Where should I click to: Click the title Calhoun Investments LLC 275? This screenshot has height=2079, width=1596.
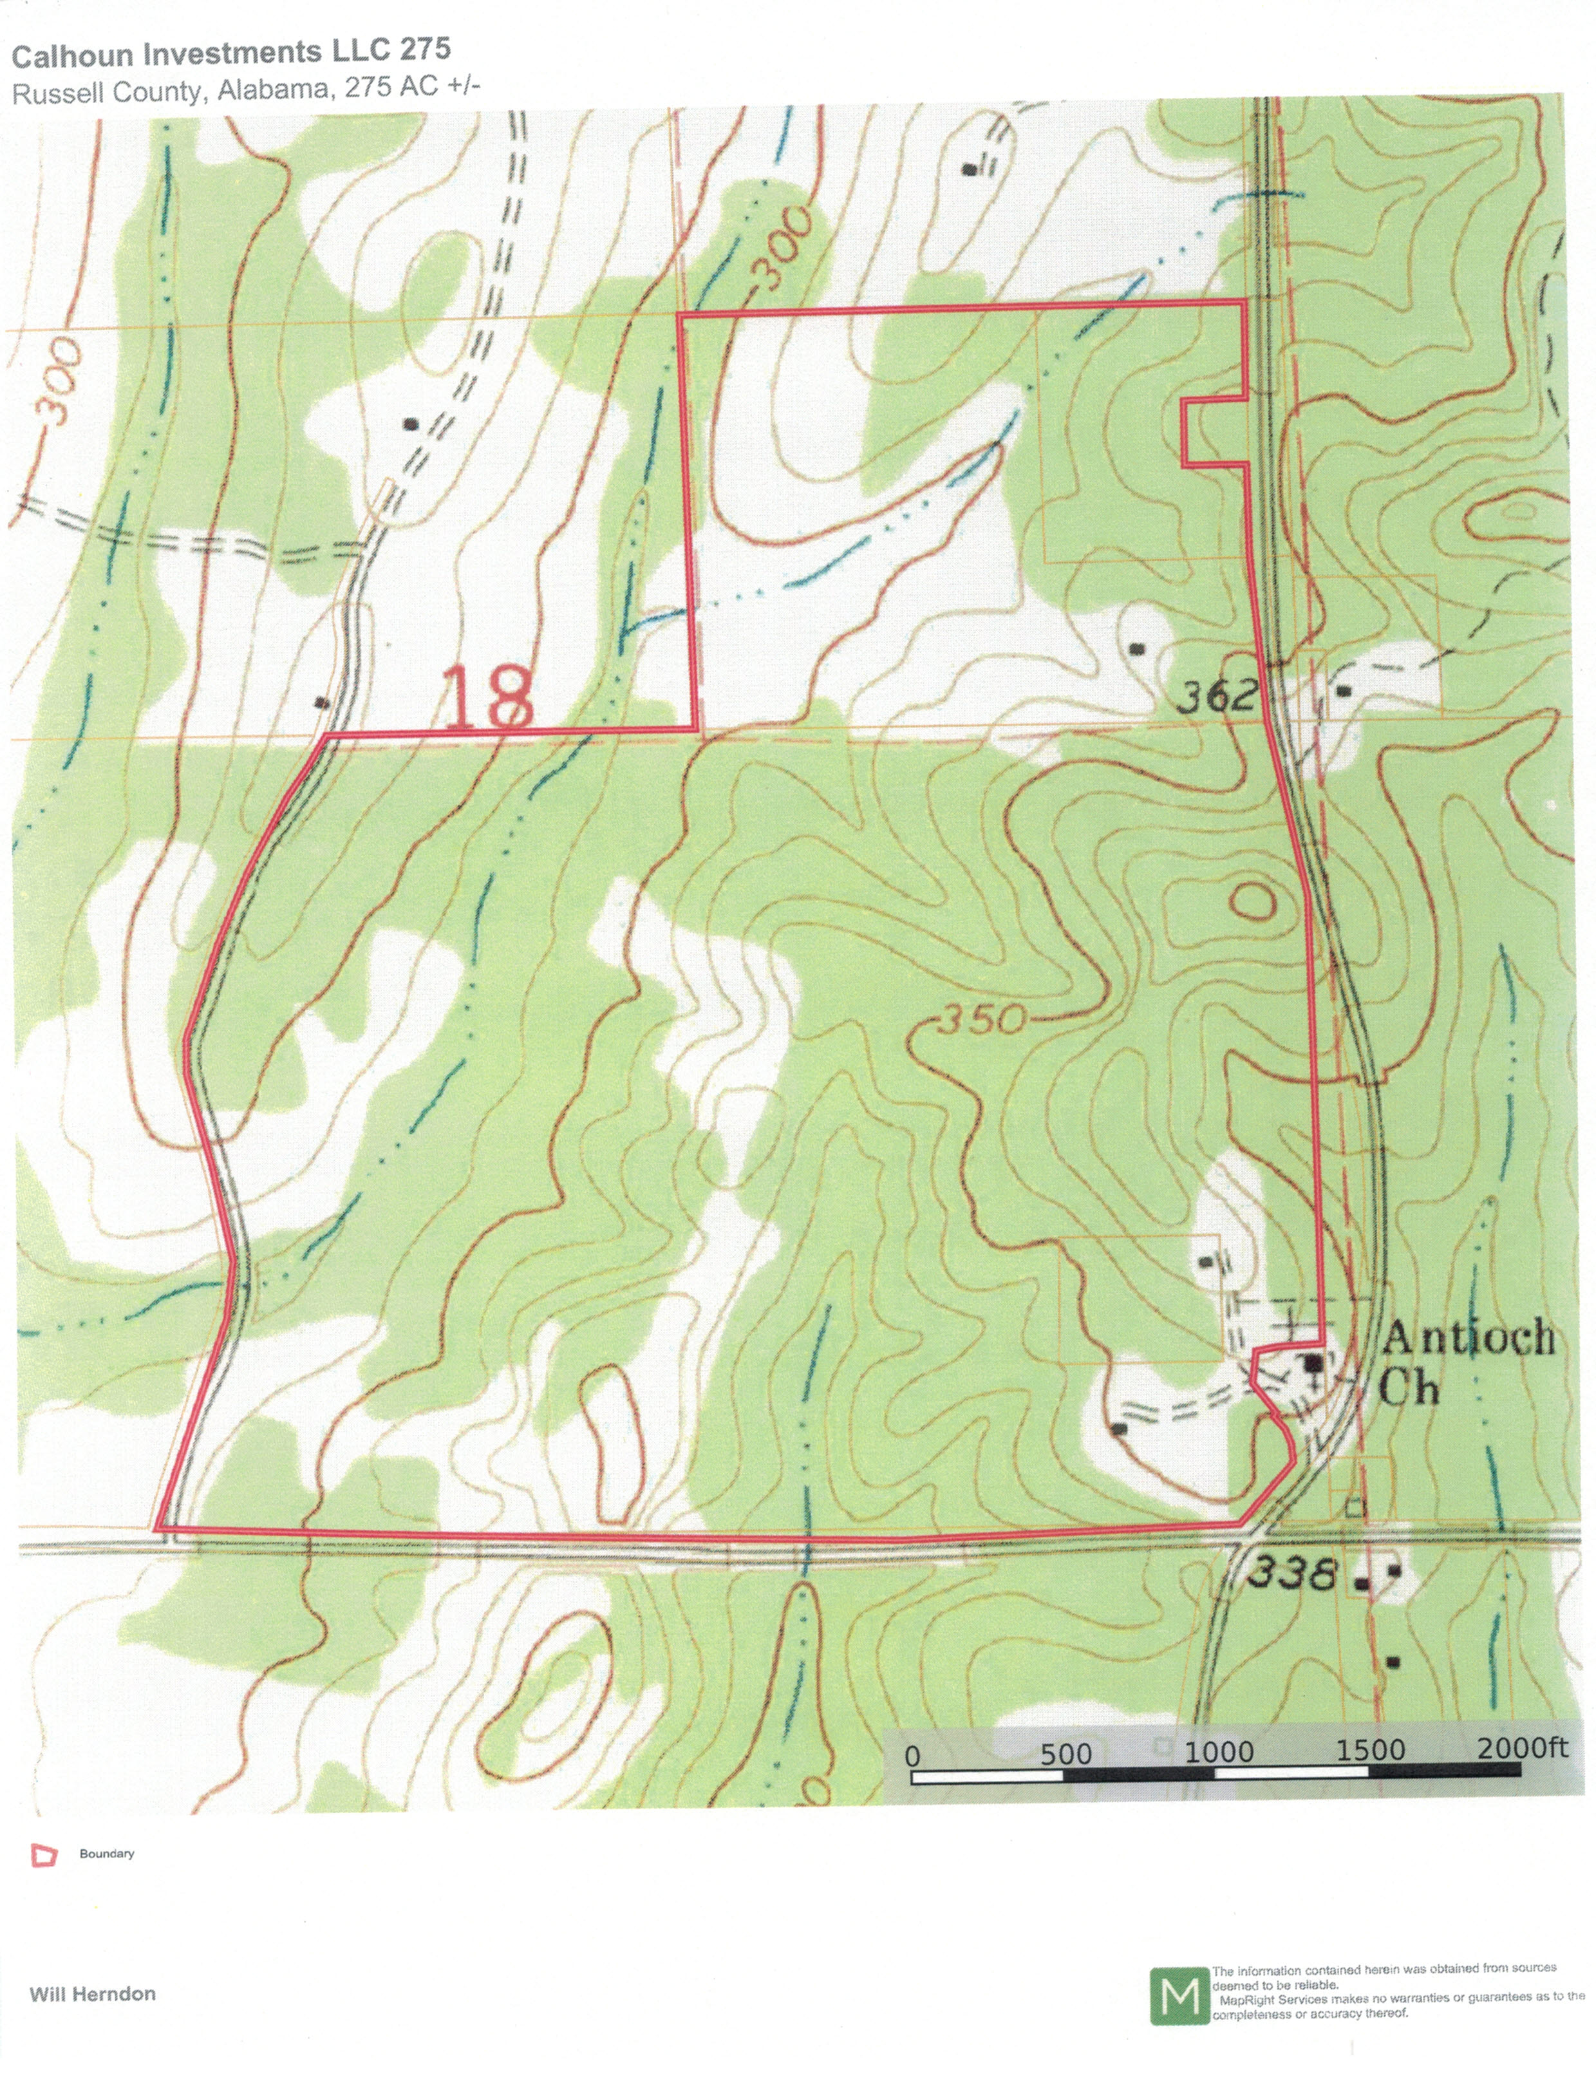click(231, 53)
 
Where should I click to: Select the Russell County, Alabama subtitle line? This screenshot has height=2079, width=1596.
click(246, 90)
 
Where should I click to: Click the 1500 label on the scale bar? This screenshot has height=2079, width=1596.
click(1370, 1750)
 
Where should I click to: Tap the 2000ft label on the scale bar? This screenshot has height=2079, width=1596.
click(1522, 1748)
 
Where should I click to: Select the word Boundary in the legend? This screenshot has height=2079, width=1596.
click(106, 1853)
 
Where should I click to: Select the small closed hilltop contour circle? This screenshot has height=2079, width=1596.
click(1253, 899)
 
